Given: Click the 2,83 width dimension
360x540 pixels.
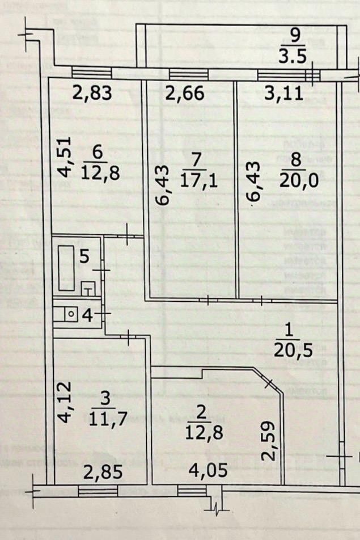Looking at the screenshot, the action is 91,93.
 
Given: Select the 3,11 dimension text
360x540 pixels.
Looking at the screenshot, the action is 283,93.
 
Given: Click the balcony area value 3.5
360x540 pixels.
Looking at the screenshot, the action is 294,56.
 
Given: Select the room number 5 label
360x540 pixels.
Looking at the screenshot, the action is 83,256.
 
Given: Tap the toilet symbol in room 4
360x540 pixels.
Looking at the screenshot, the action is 71,313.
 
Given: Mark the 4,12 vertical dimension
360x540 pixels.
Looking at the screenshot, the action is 66,402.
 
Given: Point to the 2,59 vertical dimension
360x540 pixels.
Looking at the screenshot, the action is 269,440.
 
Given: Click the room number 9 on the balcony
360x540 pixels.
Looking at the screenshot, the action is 294,36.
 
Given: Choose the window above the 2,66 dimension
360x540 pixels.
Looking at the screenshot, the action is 189,74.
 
